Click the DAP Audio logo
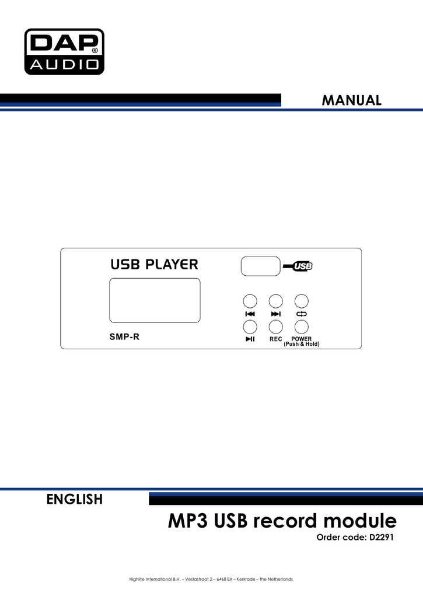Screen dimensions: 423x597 click(x=64, y=51)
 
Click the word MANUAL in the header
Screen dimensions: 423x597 click(x=351, y=100)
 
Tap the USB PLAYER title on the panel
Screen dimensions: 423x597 click(x=155, y=264)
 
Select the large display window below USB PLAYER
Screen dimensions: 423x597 click(x=155, y=300)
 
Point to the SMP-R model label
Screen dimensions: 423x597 click(x=124, y=336)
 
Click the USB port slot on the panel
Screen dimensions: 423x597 click(x=261, y=266)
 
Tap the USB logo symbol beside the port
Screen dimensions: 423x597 click(x=298, y=266)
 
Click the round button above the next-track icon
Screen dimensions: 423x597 click(x=275, y=301)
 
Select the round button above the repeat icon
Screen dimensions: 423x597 click(x=302, y=301)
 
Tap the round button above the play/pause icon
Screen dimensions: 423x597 click(x=250, y=326)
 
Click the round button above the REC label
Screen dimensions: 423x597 click(x=275, y=326)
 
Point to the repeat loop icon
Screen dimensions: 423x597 click(x=302, y=314)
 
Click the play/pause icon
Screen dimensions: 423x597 click(x=250, y=339)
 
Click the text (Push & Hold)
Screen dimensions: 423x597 click(x=302, y=344)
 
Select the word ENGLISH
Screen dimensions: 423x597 click(x=75, y=499)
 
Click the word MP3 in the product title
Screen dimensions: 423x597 click(x=188, y=521)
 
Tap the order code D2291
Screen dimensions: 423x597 click(x=382, y=537)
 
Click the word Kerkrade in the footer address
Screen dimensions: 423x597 click(x=246, y=579)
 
